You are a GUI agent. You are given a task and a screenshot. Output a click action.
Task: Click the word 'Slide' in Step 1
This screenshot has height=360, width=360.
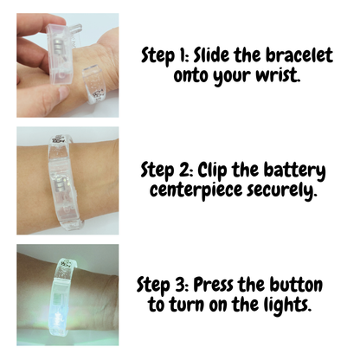tap(221, 55)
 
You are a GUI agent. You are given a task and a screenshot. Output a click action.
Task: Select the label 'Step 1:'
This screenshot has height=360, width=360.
tap(169, 55)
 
